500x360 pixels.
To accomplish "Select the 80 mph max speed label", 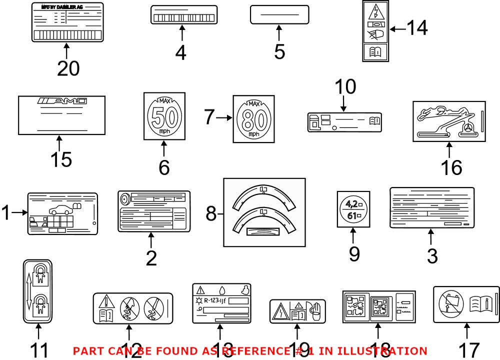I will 253,118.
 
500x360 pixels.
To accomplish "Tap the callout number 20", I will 68,68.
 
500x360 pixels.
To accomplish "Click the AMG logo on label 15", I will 62,101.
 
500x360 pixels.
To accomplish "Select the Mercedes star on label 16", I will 468,128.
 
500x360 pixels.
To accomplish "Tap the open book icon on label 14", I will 376,50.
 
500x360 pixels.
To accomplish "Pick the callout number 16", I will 451,167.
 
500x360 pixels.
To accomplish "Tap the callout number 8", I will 211,214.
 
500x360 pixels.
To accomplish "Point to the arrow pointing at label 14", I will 398,29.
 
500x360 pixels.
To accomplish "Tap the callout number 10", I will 345,87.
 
